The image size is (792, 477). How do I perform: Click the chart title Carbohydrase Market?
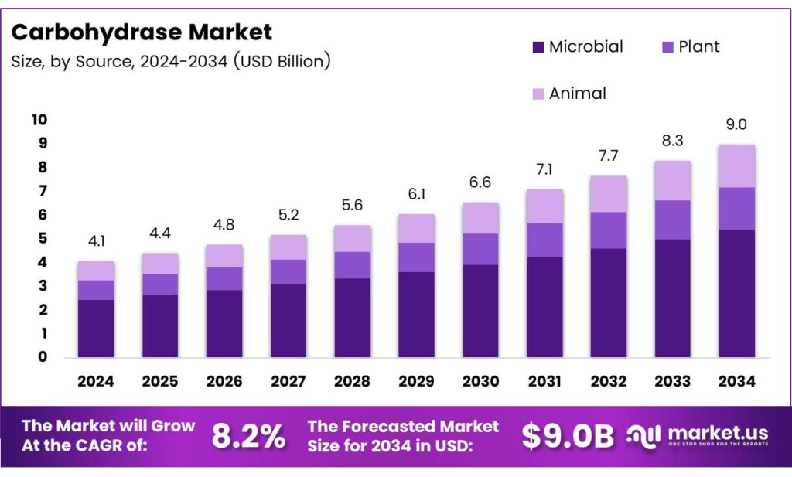tap(142, 32)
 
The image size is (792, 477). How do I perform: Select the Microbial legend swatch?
tap(538, 47)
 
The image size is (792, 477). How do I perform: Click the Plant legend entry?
tap(698, 46)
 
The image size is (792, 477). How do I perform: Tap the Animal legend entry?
tap(577, 94)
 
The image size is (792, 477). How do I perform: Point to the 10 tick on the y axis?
tap(39, 120)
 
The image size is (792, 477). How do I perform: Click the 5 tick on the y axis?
tap(43, 239)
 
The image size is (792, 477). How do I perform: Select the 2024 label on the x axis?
tap(96, 381)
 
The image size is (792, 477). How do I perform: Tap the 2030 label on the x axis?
tap(480, 381)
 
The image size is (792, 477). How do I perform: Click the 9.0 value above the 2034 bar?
tap(736, 124)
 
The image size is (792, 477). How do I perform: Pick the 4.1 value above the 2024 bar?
tap(96, 241)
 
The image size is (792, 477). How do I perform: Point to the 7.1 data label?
tap(544, 169)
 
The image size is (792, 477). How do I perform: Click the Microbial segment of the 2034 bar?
tap(736, 294)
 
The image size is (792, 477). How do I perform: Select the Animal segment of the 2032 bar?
tap(609, 193)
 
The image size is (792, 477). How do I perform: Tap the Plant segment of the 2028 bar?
tap(352, 264)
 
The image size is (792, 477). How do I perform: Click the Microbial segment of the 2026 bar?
tap(224, 324)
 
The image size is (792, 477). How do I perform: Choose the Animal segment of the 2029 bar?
tap(416, 228)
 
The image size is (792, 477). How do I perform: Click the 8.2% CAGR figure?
tap(248, 437)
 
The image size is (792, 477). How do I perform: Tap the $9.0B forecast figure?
tap(567, 437)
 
